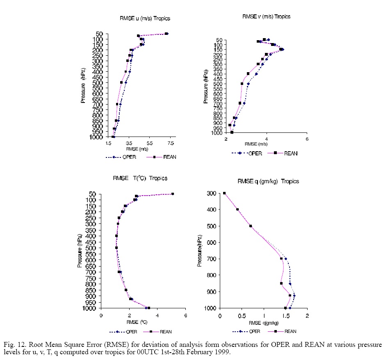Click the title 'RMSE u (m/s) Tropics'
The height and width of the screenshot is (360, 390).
(x=145, y=18)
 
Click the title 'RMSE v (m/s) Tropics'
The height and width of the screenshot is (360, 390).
(x=266, y=17)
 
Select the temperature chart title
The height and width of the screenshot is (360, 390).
(x=140, y=178)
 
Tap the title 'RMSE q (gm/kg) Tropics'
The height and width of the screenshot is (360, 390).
(x=268, y=181)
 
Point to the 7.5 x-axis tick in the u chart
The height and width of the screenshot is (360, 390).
(x=171, y=144)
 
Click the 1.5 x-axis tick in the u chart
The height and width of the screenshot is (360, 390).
(x=109, y=144)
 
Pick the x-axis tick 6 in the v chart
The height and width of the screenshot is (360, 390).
(x=307, y=139)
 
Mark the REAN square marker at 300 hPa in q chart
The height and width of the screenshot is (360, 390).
(x=224, y=193)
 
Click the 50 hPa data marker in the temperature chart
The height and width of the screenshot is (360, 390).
(x=173, y=194)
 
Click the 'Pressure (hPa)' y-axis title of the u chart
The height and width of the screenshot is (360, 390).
(x=83, y=86)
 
